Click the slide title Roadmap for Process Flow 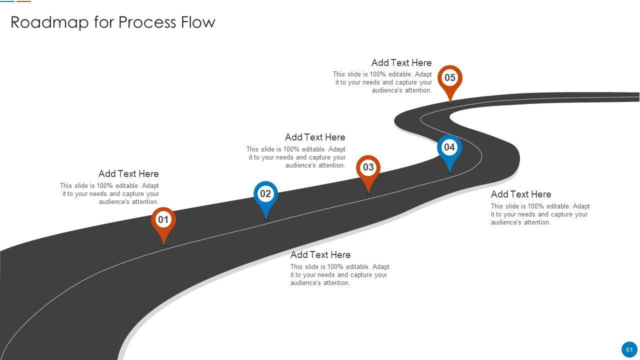[113, 22]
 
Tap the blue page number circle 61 [629, 350]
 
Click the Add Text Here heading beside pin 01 [128, 174]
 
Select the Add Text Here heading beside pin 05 [401, 63]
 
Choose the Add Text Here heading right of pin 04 [521, 194]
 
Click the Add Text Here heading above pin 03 [315, 137]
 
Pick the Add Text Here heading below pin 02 [320, 255]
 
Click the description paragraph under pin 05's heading [383, 82]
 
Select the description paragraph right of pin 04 [540, 214]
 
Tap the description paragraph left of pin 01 [110, 194]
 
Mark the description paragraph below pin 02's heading [339, 275]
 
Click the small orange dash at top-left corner [23, 1]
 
